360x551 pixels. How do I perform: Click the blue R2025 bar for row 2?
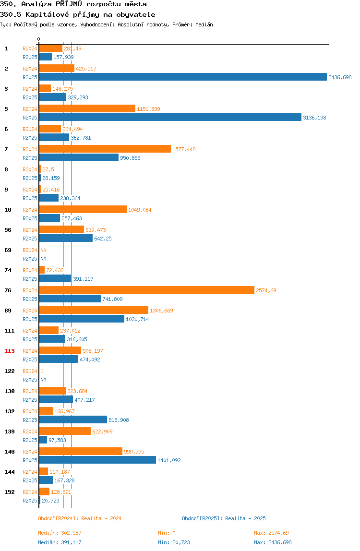click(183, 77)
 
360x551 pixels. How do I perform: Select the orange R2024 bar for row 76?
click(146, 290)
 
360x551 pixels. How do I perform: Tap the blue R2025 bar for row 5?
click(170, 118)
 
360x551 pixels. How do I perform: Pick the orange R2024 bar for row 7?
click(105, 149)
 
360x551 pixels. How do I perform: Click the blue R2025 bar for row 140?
click(97, 460)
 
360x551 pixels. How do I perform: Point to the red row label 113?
click(10, 351)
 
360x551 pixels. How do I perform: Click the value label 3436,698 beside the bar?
click(340, 77)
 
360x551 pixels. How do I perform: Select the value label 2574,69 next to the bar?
click(266, 290)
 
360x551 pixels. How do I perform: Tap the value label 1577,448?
click(184, 149)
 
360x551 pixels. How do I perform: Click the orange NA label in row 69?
click(43, 250)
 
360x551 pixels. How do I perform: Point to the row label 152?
click(10, 492)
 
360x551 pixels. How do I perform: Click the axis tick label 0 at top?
click(39, 39)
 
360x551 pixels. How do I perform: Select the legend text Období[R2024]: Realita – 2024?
click(80, 518)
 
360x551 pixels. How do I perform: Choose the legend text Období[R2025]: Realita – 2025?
click(224, 518)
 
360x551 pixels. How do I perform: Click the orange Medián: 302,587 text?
click(60, 533)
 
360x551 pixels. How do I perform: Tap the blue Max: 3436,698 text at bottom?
click(273, 542)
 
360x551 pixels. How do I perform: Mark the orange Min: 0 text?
click(167, 533)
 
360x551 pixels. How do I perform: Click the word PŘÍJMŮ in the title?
click(69, 4)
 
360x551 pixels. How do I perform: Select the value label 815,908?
click(119, 420)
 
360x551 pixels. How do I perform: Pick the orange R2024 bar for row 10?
click(83, 209)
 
